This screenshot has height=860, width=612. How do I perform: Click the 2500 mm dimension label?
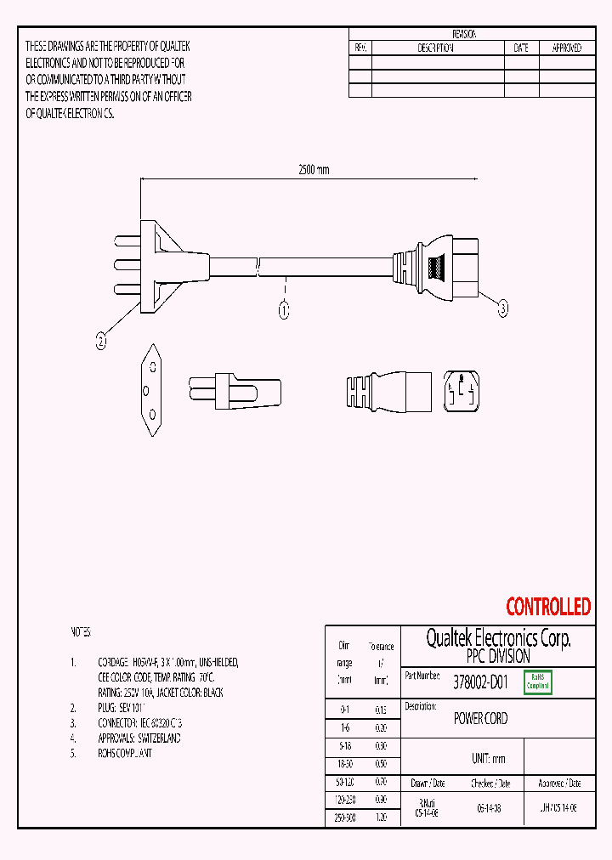(313, 170)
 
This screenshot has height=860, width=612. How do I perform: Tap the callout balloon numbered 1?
(285, 310)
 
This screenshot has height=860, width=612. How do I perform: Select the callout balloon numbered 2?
(101, 342)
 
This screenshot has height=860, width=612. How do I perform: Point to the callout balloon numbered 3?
(502, 310)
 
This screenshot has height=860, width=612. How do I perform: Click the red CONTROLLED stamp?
(548, 607)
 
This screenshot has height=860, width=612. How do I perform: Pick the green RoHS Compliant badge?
(538, 682)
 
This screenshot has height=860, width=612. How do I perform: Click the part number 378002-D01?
(480, 681)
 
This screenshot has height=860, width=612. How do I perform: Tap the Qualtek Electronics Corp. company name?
(498, 638)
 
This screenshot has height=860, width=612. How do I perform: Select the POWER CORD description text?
(480, 719)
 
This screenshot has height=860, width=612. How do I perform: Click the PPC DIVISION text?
(498, 657)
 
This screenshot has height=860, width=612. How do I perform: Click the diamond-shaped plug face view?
(150, 390)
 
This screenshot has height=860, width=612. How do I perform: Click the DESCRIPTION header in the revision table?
(436, 48)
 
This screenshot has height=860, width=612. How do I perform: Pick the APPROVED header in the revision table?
(566, 48)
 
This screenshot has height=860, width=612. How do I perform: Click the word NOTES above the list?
(79, 633)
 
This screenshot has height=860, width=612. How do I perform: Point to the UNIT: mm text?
(488, 759)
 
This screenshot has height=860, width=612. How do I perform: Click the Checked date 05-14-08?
(489, 810)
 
